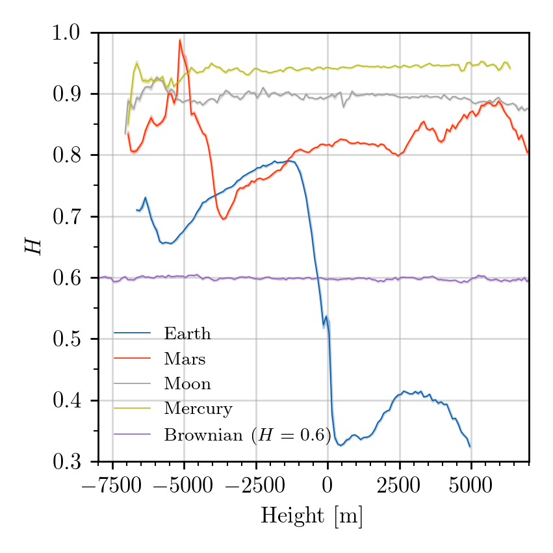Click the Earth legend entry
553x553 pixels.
tap(187, 334)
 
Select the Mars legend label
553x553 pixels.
tap(185, 359)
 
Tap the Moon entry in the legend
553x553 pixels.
tap(187, 383)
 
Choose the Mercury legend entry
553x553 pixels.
tap(198, 409)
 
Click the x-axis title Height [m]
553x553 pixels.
tap(312, 516)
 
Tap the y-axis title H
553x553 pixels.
tap(34, 247)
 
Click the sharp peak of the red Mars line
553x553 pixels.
tap(179, 40)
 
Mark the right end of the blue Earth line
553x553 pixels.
tap(470, 446)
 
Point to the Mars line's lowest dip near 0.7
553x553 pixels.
tap(223, 219)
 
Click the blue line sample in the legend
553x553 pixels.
tap(133, 334)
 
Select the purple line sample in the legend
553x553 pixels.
tap(133, 434)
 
